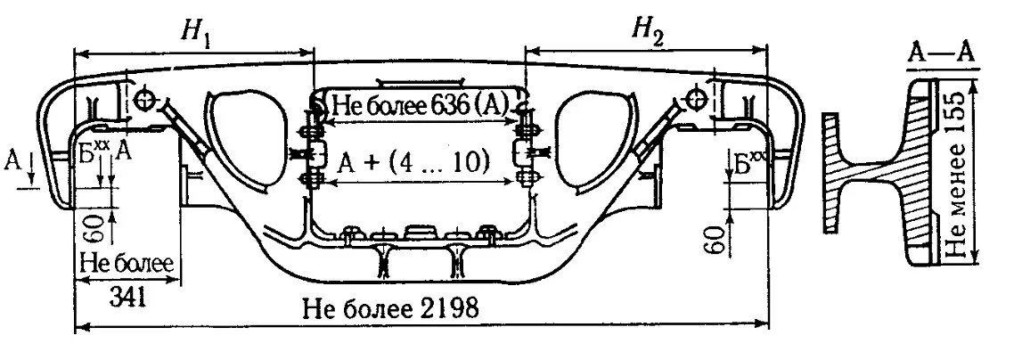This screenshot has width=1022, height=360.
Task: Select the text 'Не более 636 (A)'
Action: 419,105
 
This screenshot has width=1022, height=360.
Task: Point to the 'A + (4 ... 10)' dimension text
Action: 414,161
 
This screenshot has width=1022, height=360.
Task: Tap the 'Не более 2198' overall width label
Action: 391,308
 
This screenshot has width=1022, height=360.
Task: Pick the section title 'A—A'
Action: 939,52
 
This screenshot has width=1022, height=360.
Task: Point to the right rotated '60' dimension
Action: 712,239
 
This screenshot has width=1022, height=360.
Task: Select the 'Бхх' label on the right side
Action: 747,161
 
